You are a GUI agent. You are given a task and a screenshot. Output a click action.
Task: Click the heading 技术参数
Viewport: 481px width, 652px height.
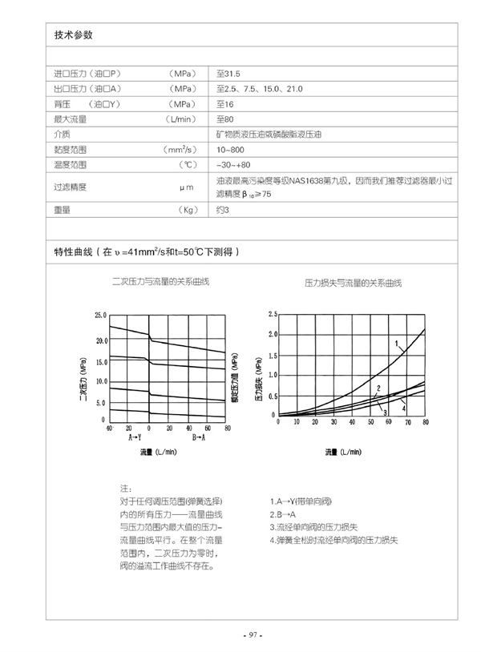pyautogui.click(x=74, y=35)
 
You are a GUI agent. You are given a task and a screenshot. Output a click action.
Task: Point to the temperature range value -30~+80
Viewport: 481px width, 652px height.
pyautogui.click(x=234, y=165)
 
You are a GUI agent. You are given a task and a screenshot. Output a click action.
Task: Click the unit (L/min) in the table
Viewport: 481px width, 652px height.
pyautogui.click(x=180, y=119)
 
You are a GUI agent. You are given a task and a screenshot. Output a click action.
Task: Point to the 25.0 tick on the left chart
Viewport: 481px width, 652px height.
pyautogui.click(x=100, y=315)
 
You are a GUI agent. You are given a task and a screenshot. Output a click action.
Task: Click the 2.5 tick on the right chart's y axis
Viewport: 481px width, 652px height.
pyautogui.click(x=273, y=314)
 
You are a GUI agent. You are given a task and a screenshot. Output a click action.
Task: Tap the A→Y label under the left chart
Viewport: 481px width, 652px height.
pyautogui.click(x=135, y=437)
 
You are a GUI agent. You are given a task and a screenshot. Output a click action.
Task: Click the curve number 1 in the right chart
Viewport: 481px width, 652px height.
pyautogui.click(x=396, y=344)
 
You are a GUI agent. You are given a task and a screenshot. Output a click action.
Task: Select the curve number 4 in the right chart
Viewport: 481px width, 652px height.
pyautogui.click(x=403, y=408)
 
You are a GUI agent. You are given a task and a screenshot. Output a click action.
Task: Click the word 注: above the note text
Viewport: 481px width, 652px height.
pyautogui.click(x=125, y=488)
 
